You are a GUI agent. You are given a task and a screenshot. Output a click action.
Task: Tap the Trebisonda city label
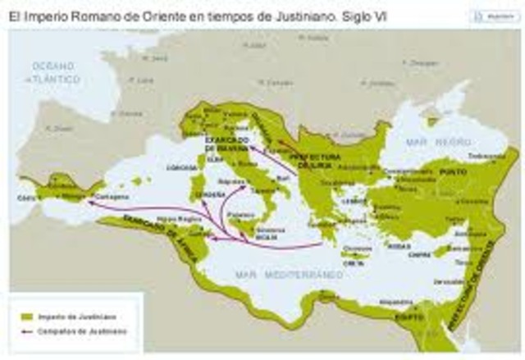[x=485, y=156]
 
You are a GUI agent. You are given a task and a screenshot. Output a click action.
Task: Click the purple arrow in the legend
[x=27, y=331]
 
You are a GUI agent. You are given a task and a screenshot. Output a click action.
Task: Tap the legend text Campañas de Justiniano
[x=75, y=331]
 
